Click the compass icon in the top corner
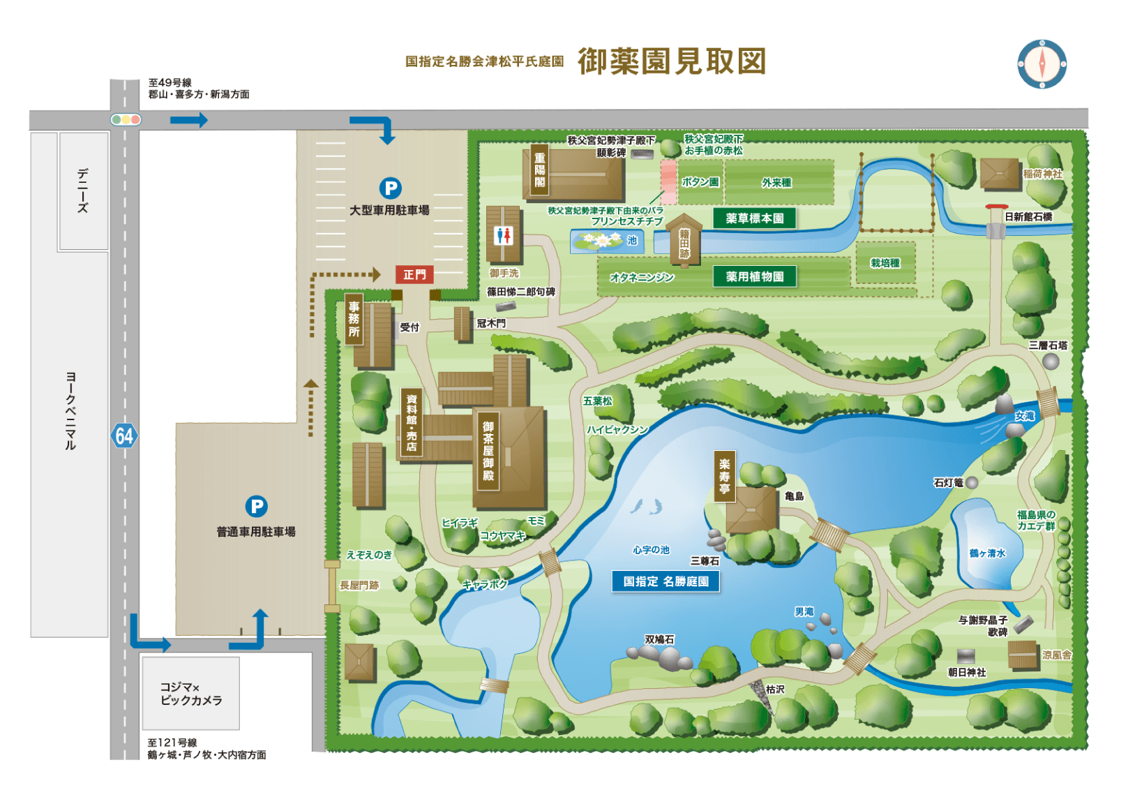(x=1041, y=64)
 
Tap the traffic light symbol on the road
(x=126, y=119)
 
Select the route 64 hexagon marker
(x=124, y=436)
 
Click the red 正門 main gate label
(x=414, y=275)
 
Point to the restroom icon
(x=503, y=236)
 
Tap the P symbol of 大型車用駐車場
(x=390, y=188)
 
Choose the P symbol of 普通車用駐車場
(x=256, y=506)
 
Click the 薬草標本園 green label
(x=754, y=218)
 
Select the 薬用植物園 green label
(x=754, y=277)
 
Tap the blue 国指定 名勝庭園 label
(x=665, y=581)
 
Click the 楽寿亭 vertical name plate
(x=724, y=477)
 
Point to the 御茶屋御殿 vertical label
(x=488, y=451)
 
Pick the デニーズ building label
(x=83, y=190)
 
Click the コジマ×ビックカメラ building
(x=190, y=693)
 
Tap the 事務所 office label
(x=354, y=319)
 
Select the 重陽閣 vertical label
(x=539, y=170)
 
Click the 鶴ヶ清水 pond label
(x=987, y=553)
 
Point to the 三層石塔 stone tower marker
(x=1051, y=361)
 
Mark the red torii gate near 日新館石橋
(x=996, y=208)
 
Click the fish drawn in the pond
(x=647, y=507)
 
